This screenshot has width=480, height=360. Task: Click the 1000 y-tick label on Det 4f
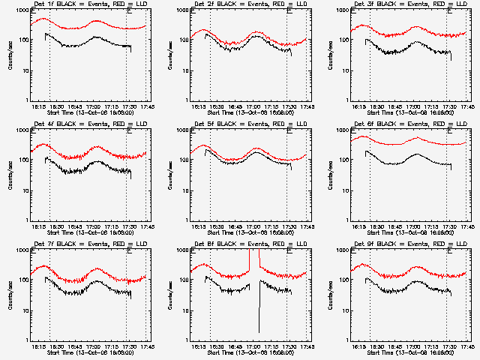coord(23,130)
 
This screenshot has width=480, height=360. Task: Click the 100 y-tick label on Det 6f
coord(345,160)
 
